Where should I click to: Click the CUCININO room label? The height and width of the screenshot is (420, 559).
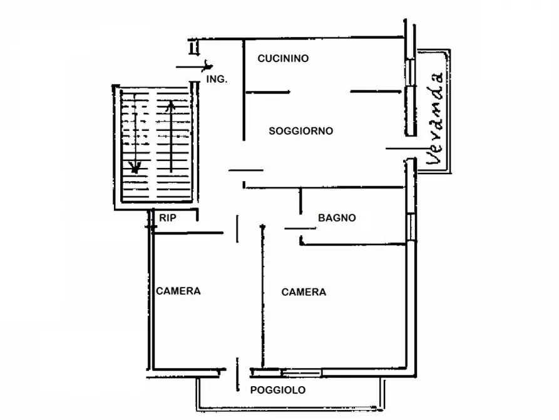[283, 58]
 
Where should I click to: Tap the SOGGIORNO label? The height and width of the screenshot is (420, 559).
[301, 131]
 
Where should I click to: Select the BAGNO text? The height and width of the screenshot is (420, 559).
[337, 218]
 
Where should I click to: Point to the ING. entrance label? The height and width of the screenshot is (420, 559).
[217, 79]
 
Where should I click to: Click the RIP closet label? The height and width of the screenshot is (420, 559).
[168, 218]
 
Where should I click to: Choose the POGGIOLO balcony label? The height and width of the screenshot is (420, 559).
[278, 390]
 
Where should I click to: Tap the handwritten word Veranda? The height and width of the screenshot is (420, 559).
[435, 119]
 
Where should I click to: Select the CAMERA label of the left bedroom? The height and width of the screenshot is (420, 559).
[178, 291]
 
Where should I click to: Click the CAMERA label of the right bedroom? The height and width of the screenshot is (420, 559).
[304, 292]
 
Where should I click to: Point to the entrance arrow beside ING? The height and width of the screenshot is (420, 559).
[194, 67]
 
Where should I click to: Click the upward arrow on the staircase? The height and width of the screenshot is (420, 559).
[171, 137]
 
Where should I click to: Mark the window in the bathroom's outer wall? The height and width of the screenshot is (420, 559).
[411, 227]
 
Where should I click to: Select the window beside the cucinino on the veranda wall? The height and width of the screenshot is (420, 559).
[411, 73]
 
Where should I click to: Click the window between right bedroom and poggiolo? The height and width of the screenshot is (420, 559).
[302, 373]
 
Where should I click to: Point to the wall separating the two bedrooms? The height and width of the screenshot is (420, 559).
[263, 297]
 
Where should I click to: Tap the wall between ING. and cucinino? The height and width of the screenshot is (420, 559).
[244, 90]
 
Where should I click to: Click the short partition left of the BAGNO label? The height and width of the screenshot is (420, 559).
[300, 201]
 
